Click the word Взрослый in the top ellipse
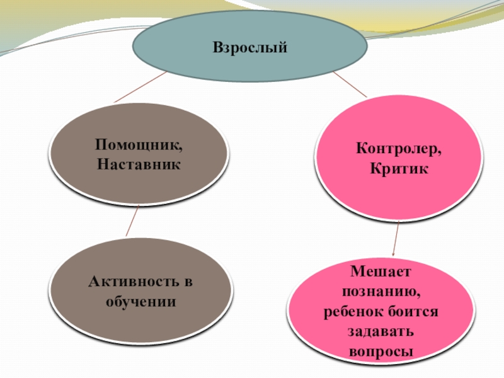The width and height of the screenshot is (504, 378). (249, 47)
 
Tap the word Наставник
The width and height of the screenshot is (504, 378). (139, 164)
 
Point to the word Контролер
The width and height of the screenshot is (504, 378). (399, 150)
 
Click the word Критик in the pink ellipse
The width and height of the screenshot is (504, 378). (399, 169)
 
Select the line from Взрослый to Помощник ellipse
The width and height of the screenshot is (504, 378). (140, 87)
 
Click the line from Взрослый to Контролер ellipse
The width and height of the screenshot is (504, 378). (350, 84)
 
